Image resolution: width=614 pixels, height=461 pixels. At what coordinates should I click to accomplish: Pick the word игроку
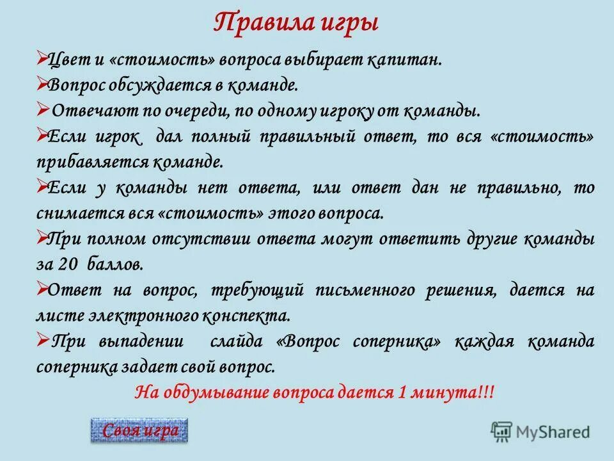click(352, 111)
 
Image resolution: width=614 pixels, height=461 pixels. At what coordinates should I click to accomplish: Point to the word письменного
click(362, 290)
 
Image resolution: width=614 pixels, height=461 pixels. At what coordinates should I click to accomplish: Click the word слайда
click(236, 341)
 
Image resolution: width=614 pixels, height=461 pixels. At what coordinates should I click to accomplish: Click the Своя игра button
click(140, 431)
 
